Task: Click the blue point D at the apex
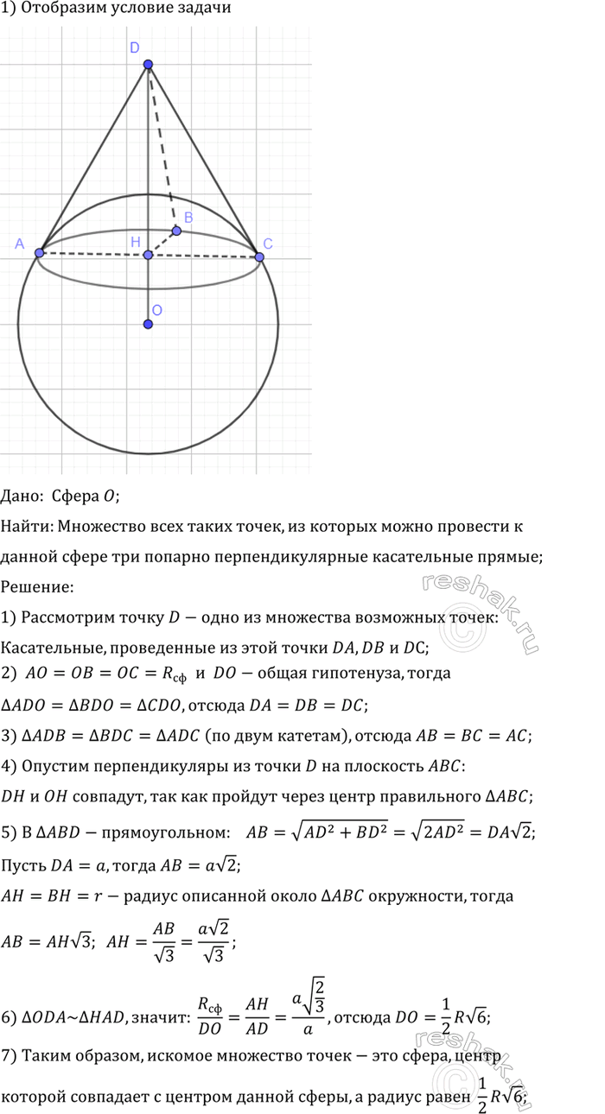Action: click(149, 65)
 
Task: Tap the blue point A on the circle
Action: click(39, 252)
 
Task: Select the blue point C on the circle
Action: click(258, 256)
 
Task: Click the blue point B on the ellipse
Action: click(176, 231)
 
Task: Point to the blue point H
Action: click(149, 255)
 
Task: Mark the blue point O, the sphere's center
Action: click(149, 324)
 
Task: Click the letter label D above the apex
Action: click(135, 49)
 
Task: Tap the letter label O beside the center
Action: click(156, 309)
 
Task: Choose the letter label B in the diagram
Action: click(188, 218)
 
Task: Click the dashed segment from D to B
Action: click(162, 147)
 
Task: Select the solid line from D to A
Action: click(93, 159)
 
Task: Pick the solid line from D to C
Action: click(204, 161)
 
